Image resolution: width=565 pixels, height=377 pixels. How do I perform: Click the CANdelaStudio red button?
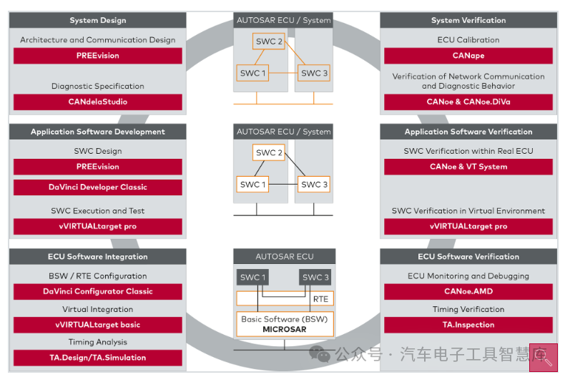[98, 102]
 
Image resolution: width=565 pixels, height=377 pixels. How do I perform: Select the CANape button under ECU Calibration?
[468, 56]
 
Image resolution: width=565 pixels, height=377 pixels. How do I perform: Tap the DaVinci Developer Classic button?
[98, 187]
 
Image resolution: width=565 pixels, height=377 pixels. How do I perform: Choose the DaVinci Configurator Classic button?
[98, 291]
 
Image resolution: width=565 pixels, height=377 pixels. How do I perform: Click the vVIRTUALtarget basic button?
[98, 325]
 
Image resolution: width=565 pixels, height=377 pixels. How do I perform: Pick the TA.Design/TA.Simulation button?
[98, 358]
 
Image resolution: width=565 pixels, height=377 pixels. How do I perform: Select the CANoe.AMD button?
[468, 291]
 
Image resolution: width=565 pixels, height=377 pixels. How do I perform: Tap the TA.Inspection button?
[468, 325]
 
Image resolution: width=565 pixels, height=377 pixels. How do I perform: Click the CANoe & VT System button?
[468, 167]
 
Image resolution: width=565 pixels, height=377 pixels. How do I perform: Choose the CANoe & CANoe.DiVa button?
[468, 102]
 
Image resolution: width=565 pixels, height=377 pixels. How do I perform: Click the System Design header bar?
[98, 21]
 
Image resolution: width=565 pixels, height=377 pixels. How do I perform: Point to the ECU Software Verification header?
[468, 257]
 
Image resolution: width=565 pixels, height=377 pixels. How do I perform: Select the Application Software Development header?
[98, 132]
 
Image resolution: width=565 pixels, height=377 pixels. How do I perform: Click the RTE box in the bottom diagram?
[320, 298]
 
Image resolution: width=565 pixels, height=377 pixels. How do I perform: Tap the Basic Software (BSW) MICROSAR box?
[284, 323]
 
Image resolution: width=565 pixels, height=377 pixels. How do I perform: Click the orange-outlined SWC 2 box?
[270, 42]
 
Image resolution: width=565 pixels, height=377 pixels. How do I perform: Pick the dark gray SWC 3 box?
[315, 278]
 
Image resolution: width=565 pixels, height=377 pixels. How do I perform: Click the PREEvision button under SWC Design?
[98, 167]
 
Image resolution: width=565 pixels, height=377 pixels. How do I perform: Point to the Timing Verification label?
[468, 310]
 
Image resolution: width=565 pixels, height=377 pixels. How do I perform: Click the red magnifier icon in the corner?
[543, 361]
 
